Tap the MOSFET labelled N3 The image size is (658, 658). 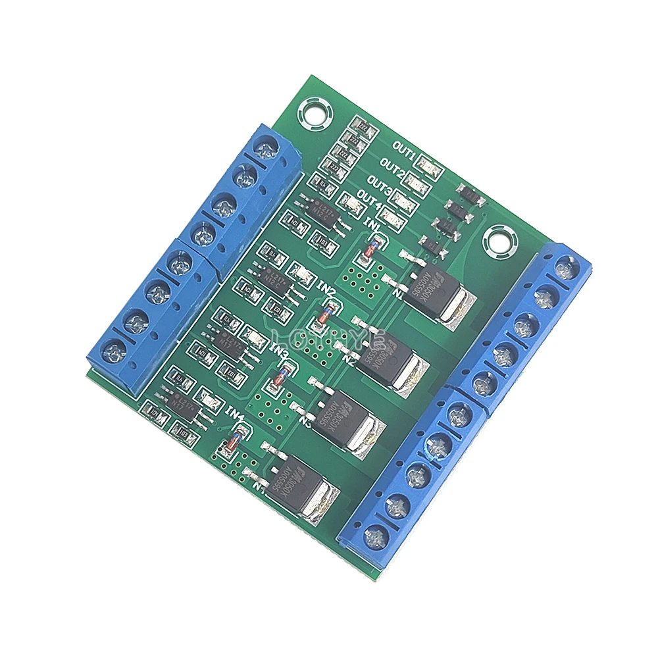[349, 421]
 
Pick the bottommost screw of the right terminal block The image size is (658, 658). [376, 536]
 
